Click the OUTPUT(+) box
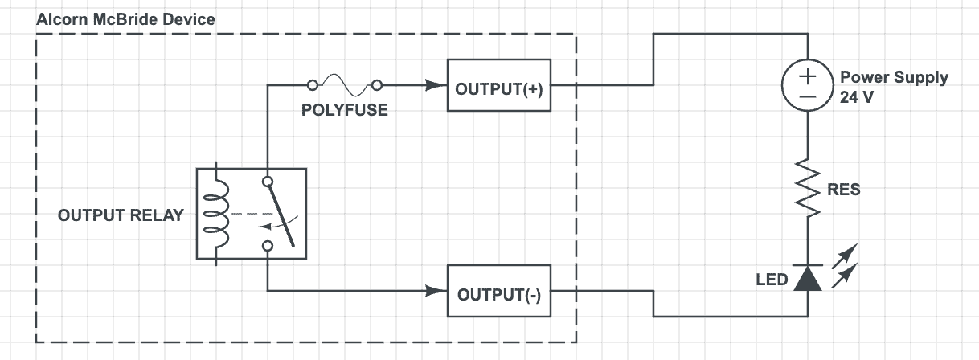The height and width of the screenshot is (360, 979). (x=499, y=84)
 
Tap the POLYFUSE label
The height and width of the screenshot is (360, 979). (x=344, y=110)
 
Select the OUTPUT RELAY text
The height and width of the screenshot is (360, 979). (x=121, y=215)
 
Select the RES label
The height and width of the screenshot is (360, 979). (x=843, y=190)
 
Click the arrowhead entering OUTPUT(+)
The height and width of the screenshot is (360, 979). (x=438, y=84)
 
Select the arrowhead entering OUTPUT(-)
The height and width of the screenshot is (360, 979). (x=438, y=291)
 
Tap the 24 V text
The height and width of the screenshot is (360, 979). (x=856, y=96)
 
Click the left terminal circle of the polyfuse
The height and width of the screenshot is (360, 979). (x=313, y=84)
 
